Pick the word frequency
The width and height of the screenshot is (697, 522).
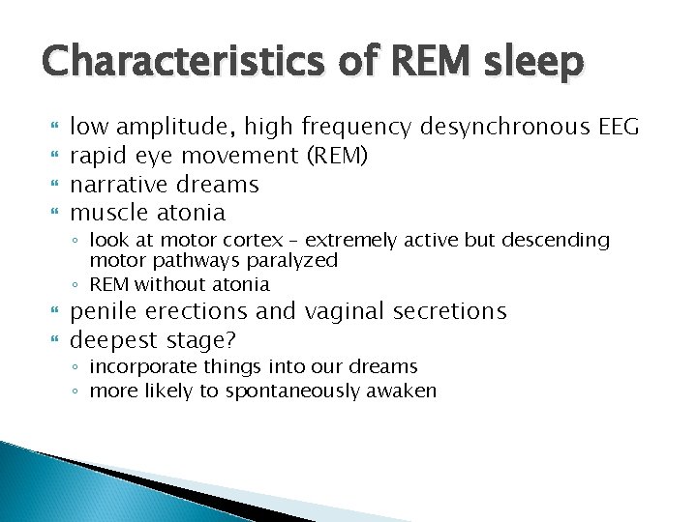358,126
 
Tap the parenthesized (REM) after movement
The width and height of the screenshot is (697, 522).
333,155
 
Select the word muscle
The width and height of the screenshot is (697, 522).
108,212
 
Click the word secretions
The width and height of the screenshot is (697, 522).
449,312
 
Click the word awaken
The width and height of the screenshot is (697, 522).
406,391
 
